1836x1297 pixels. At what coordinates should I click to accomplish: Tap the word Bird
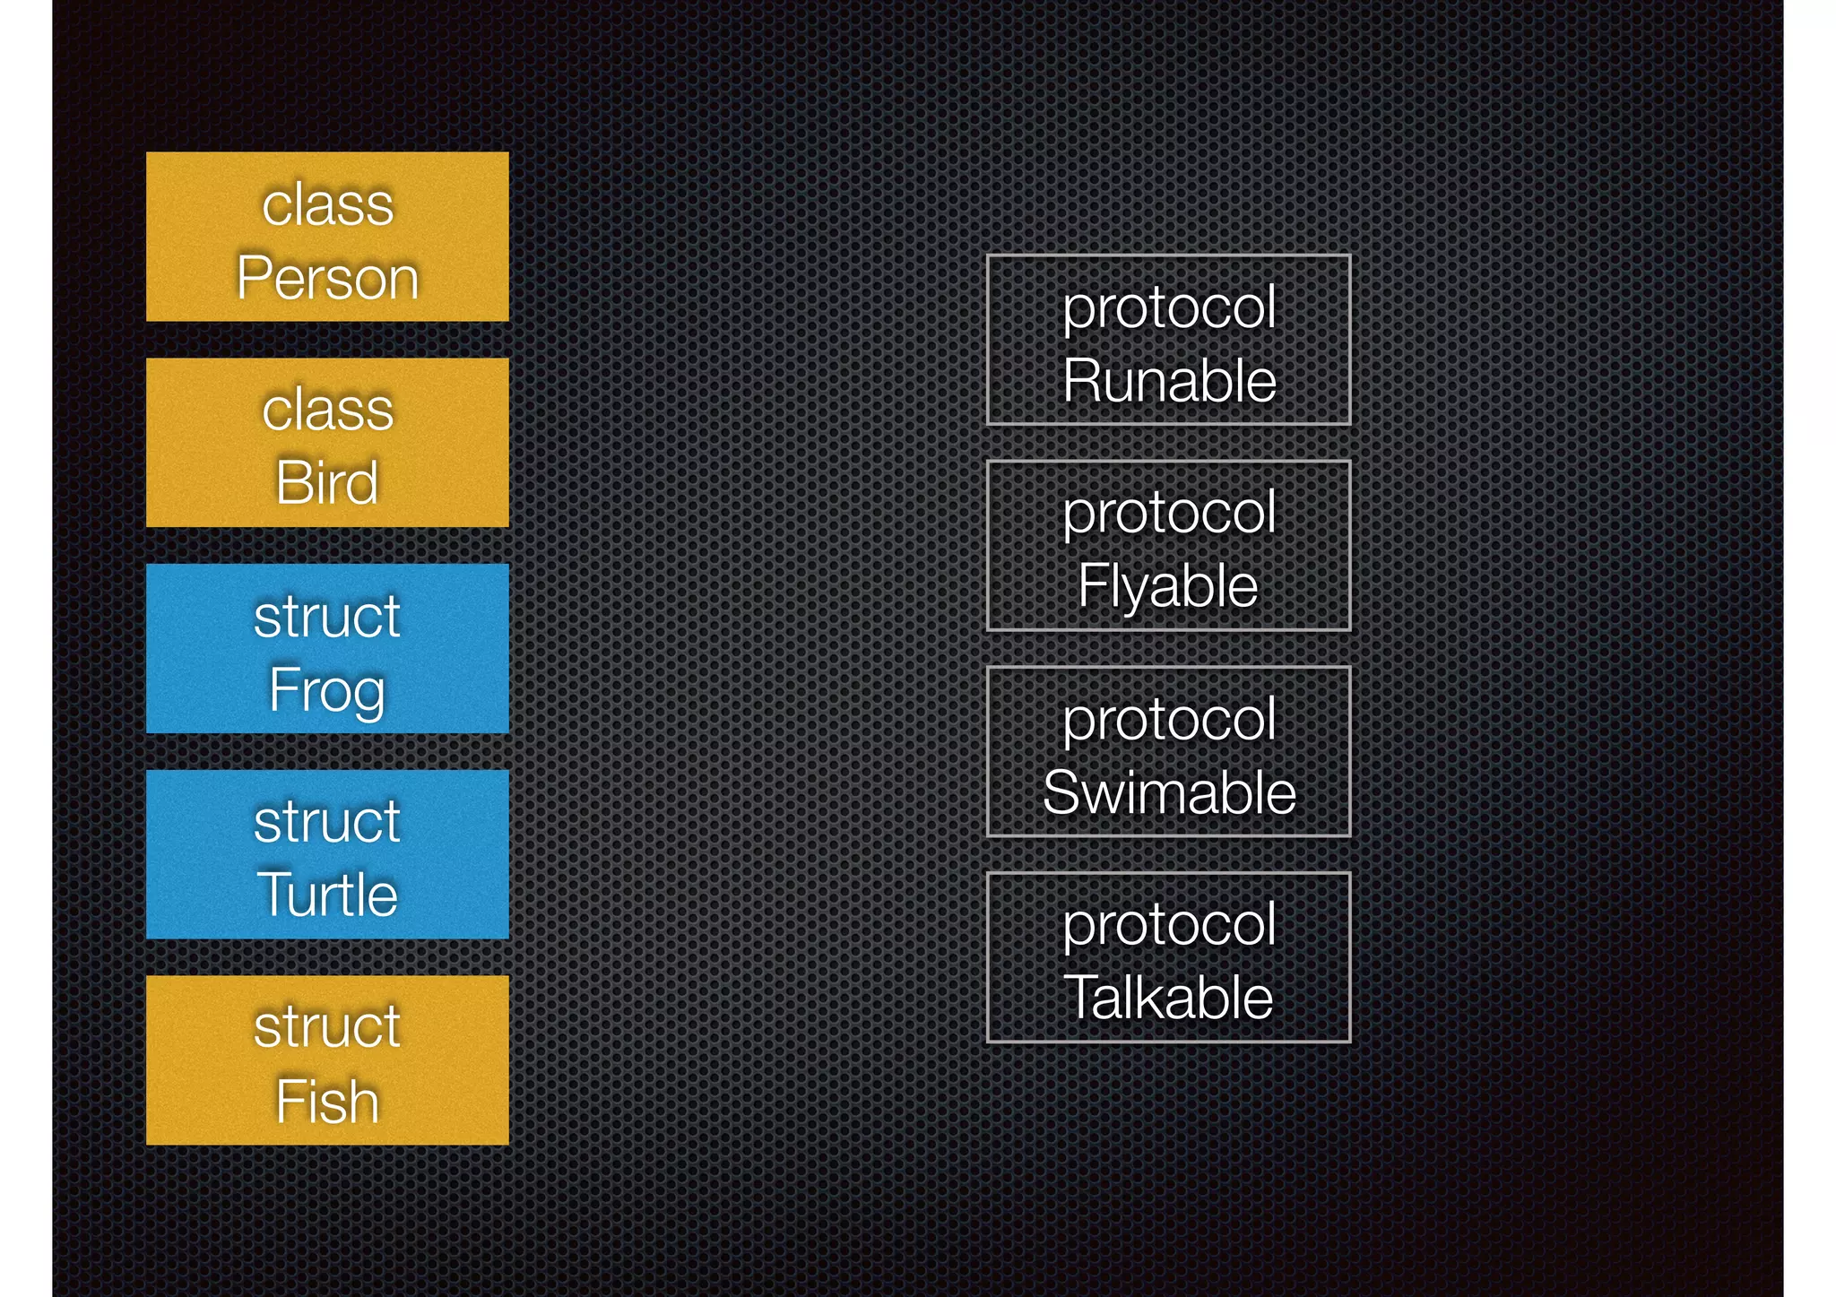point(327,482)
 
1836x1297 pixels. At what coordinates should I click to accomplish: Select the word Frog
point(327,689)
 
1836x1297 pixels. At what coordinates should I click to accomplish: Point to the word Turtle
point(327,895)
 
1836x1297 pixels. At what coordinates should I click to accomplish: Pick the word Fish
point(327,1101)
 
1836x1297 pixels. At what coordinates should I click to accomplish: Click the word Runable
point(1169,380)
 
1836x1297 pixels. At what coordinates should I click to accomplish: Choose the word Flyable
point(1168,586)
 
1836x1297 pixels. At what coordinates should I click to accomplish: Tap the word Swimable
point(1169,792)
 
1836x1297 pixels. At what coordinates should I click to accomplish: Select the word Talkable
point(1168,998)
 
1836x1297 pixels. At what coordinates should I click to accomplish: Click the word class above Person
point(327,204)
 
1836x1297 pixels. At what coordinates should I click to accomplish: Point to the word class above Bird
point(327,410)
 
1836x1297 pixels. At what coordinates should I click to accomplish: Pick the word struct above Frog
point(327,617)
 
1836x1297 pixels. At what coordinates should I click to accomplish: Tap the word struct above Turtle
point(327,822)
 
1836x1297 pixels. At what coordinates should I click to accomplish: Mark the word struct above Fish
point(327,1027)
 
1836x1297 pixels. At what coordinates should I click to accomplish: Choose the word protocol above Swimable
point(1169,721)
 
